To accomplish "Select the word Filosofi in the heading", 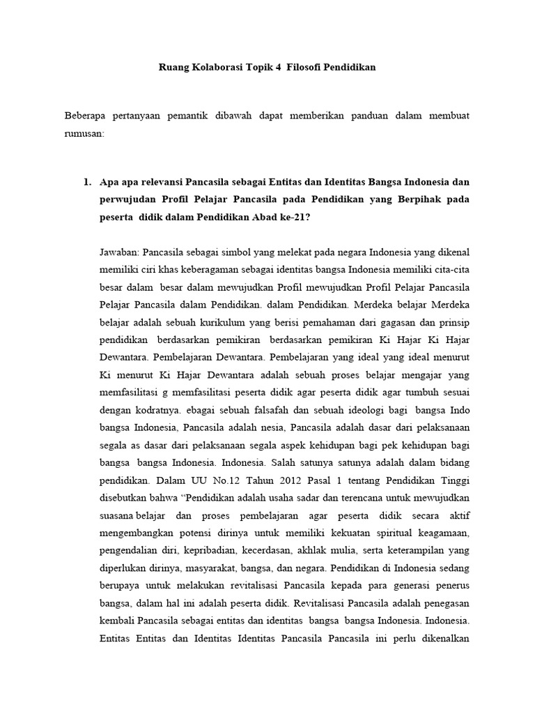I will tap(313, 68).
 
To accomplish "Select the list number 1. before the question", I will tap(87, 182).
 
